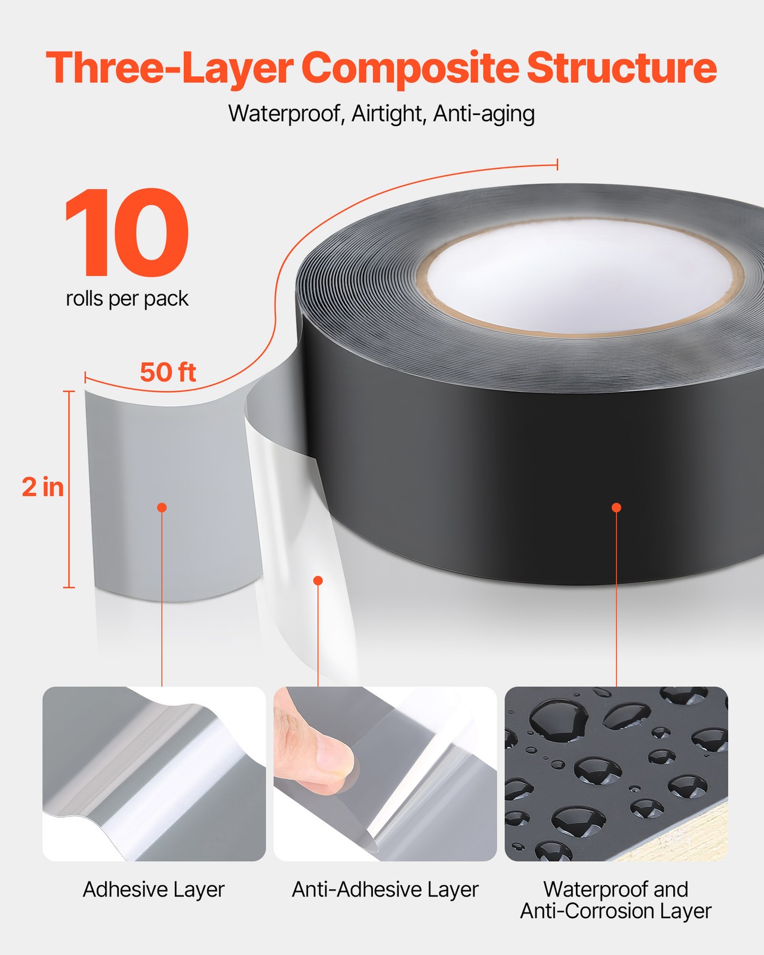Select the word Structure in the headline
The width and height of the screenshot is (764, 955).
[x=621, y=68]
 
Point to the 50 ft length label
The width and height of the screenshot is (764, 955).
[x=168, y=372]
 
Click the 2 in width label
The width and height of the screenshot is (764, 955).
[x=43, y=487]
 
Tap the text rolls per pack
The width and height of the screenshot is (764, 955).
[x=127, y=298]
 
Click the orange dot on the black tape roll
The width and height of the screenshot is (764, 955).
[x=617, y=507]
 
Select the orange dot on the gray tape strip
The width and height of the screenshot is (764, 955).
[x=162, y=507]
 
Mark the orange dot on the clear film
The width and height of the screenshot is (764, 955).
[x=318, y=581]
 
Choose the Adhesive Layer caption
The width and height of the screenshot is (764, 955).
[x=153, y=889]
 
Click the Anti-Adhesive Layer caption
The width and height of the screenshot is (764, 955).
[x=385, y=889]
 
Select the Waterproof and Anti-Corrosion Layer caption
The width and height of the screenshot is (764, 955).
[x=616, y=900]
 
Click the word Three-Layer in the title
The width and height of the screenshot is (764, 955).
[x=169, y=68]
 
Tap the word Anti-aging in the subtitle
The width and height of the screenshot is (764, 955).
[x=484, y=113]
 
